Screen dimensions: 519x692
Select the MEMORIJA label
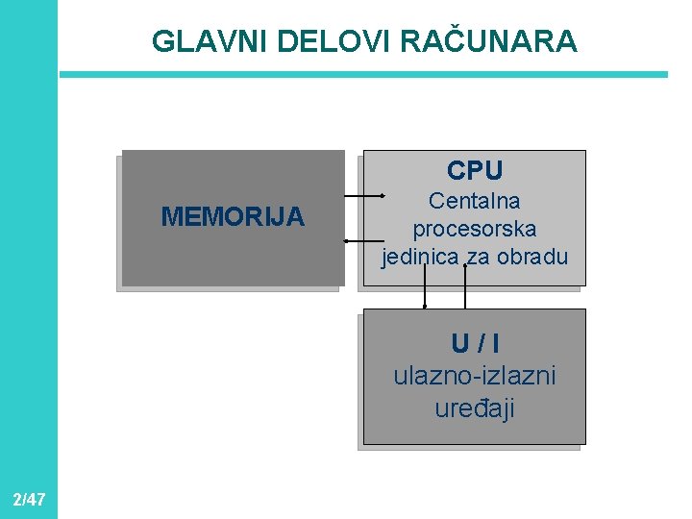(233, 217)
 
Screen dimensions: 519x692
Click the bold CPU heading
(474, 171)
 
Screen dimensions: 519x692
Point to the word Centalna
(474, 202)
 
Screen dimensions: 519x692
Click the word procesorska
(474, 230)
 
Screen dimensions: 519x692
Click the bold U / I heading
(474, 343)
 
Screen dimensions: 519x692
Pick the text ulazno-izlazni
(474, 376)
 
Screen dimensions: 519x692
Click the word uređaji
(474, 408)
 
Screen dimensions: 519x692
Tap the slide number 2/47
(29, 499)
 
